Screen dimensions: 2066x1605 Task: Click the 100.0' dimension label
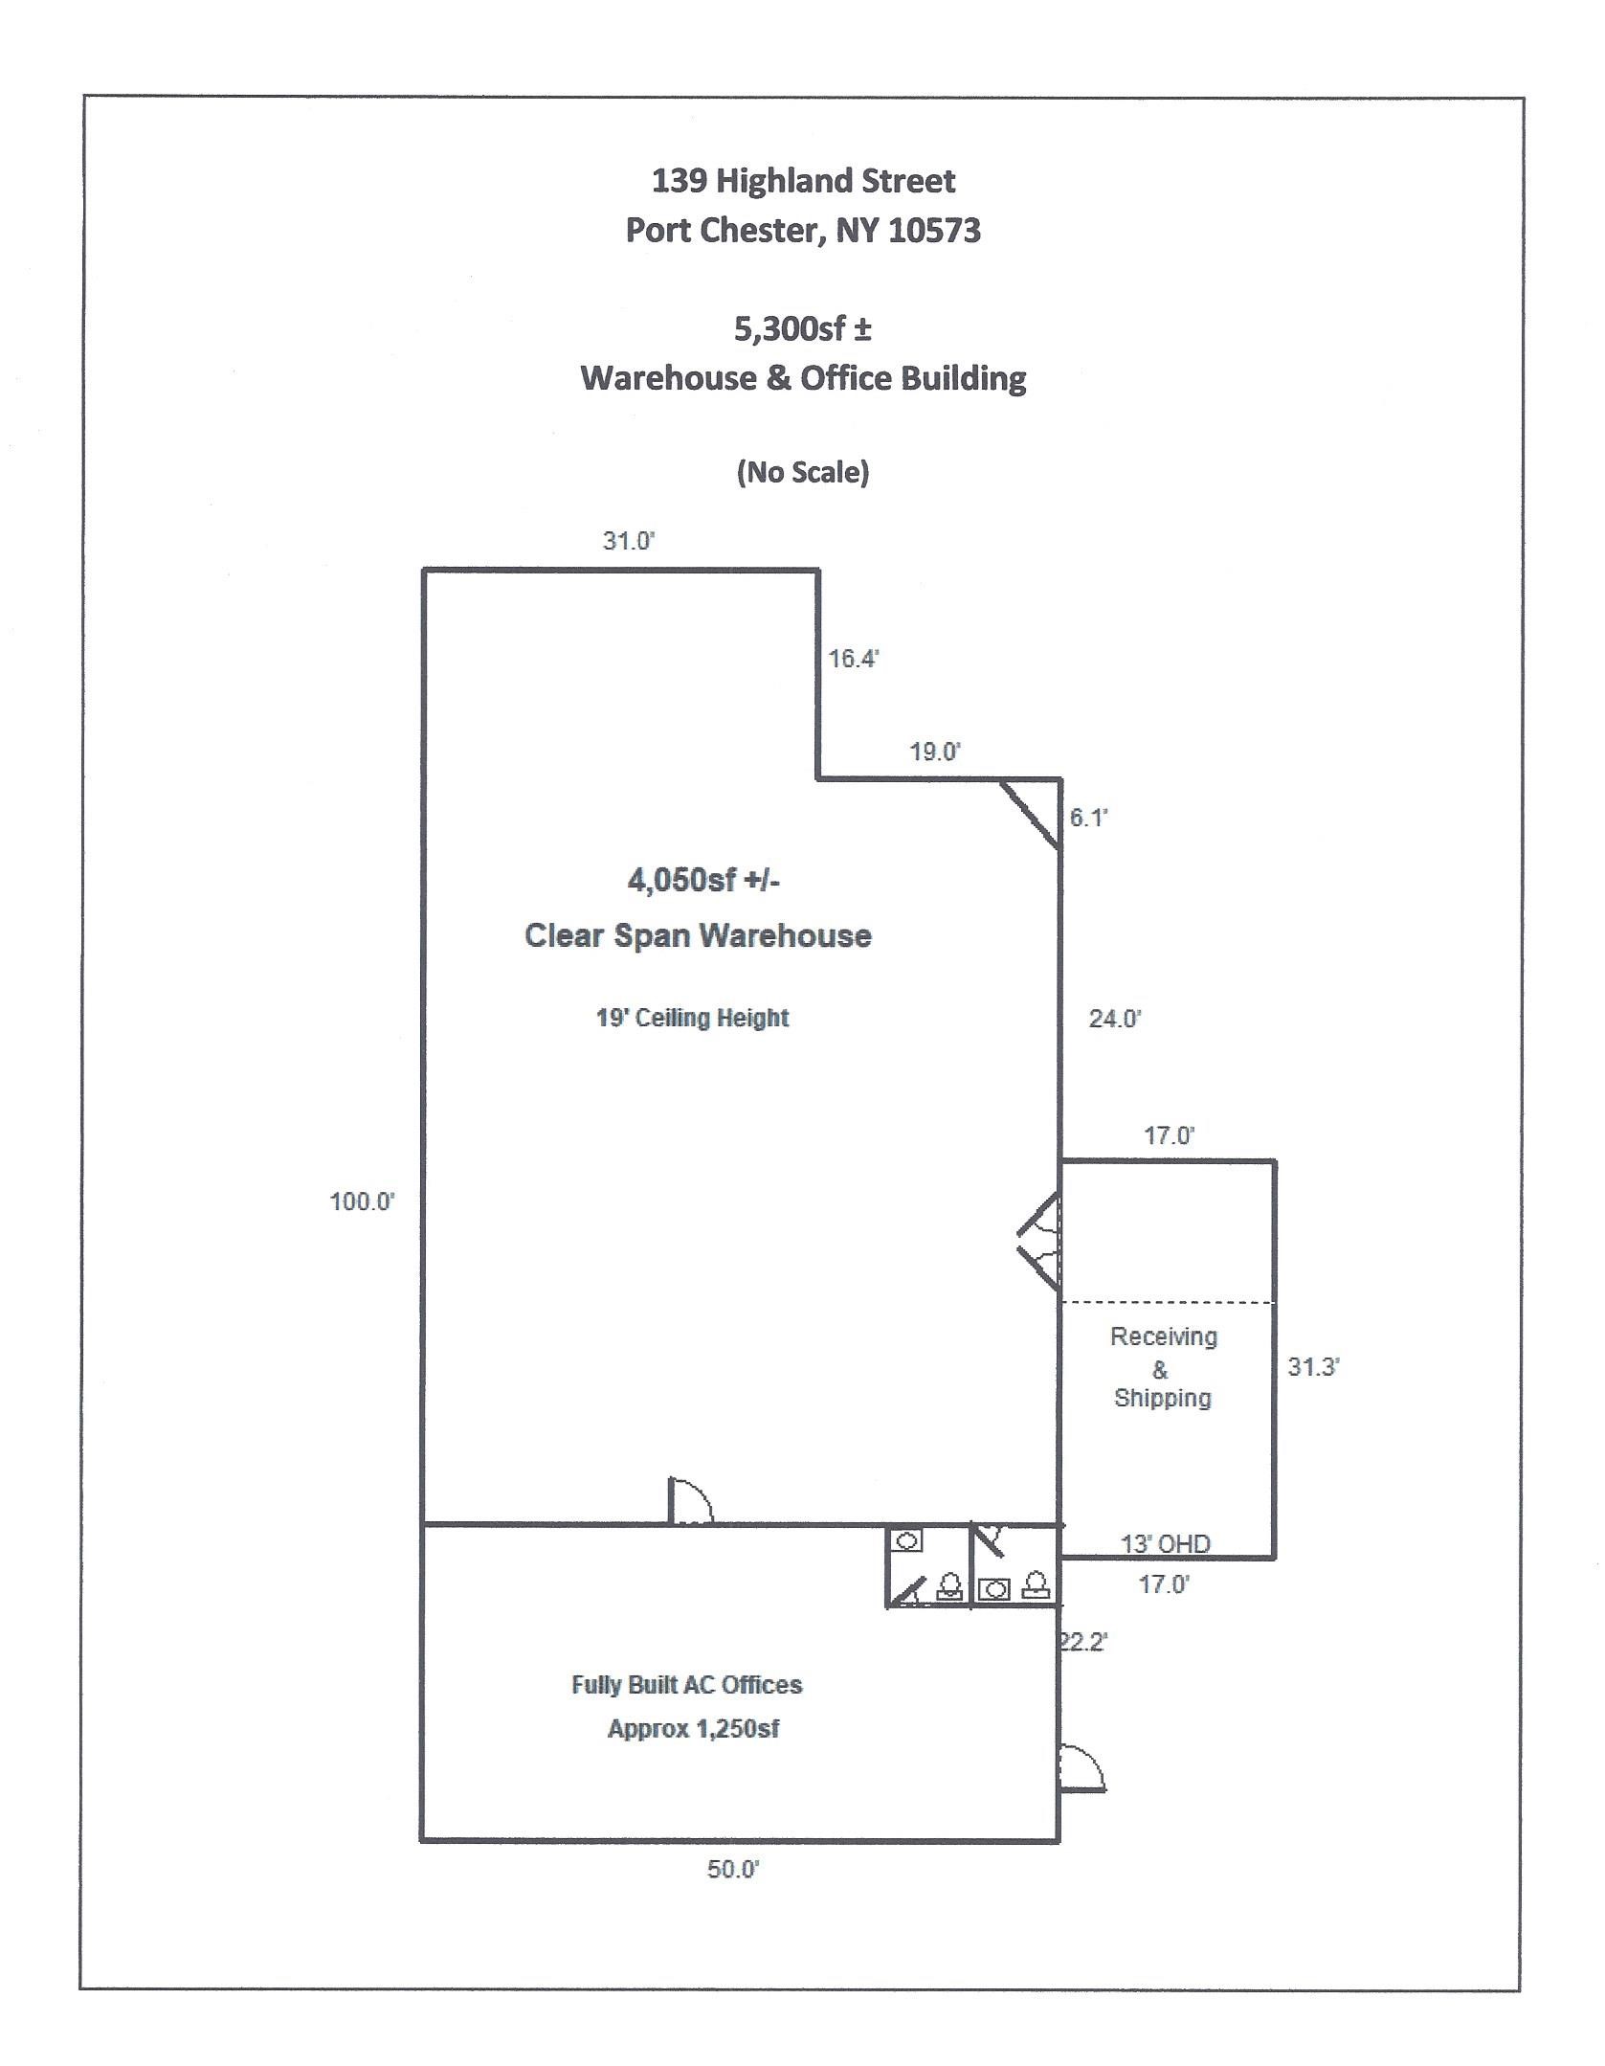pos(362,1201)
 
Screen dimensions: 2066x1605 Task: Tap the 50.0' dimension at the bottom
pos(733,1869)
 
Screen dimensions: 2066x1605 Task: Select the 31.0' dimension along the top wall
pos(628,541)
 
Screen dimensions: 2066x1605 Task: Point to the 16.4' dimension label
pos(854,659)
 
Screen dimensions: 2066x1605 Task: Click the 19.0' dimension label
pos(935,752)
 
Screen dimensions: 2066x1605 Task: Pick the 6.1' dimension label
pos(1088,818)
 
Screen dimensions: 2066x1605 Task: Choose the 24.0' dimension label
pos(1115,1019)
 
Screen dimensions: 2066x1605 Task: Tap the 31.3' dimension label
pos(1313,1366)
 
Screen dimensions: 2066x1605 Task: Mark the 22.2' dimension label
pos(1083,1642)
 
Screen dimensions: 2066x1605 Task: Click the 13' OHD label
pos(1165,1543)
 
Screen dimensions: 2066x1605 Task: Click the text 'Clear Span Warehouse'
pos(698,935)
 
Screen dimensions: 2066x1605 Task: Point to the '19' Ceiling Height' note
pos(692,1018)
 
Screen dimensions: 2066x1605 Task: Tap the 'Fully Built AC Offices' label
pos(686,1685)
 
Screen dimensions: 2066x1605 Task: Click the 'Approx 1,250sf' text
pos(693,1729)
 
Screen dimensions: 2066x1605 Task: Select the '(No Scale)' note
pos(803,472)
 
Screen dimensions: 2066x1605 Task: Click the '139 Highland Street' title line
pos(803,181)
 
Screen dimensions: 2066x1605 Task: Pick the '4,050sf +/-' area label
pos(703,880)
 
